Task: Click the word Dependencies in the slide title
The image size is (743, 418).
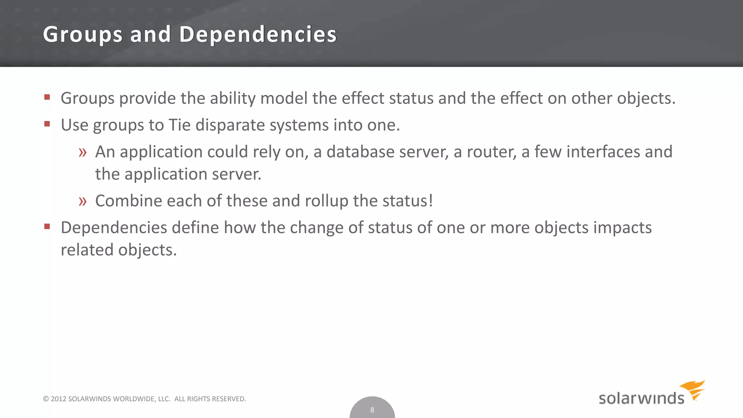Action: tap(258, 34)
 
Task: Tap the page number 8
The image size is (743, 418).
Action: tap(372, 410)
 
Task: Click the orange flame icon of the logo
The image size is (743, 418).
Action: tap(693, 389)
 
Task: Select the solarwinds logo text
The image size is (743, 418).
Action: tap(641, 398)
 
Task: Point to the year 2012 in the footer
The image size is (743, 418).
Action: tap(58, 399)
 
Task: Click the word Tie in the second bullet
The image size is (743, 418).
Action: tap(180, 125)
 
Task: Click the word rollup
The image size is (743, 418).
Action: tap(327, 201)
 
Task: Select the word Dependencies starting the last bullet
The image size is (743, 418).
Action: tap(114, 228)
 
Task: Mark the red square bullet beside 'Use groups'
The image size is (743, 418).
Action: tap(47, 124)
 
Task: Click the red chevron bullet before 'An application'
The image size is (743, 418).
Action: tap(83, 152)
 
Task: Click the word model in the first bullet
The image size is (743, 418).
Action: tap(284, 98)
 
